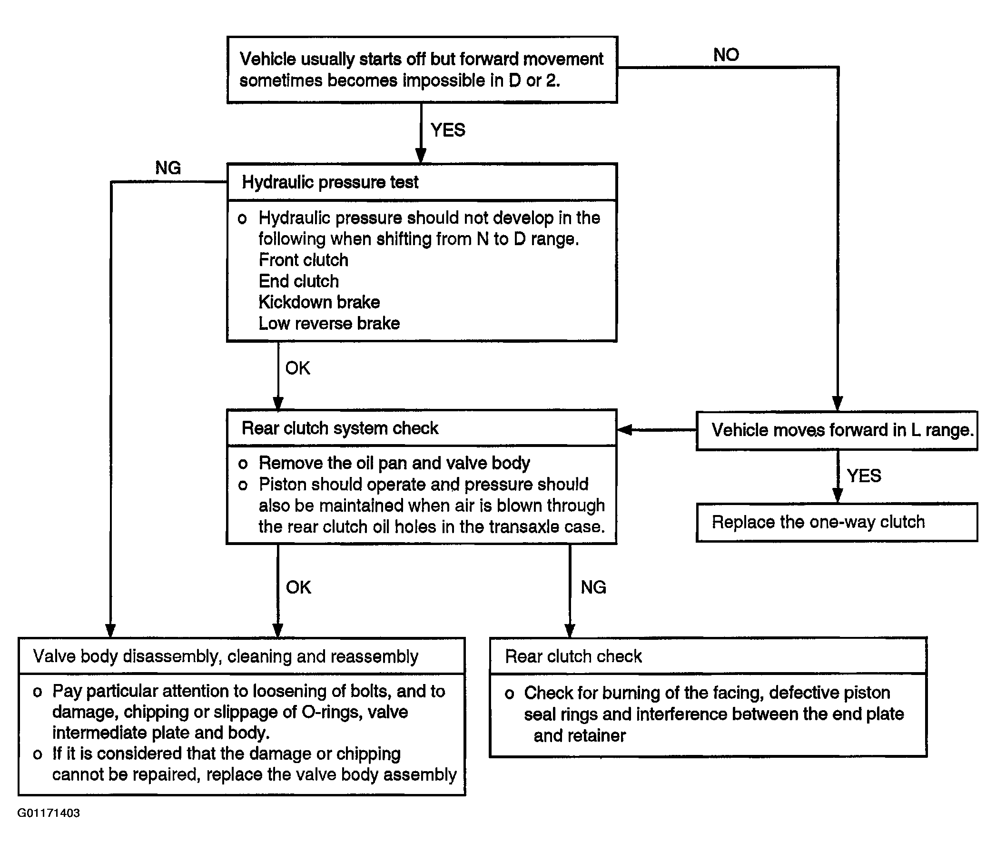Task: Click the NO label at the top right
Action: (726, 55)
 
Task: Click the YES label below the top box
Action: (447, 130)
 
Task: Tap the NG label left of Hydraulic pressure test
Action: (168, 168)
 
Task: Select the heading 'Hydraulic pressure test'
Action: (330, 182)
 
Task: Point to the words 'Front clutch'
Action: (303, 260)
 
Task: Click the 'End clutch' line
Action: (298, 281)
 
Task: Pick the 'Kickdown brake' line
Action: (319, 302)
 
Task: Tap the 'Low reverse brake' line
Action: (329, 323)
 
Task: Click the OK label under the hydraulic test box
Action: (297, 368)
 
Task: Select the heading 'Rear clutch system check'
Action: (340, 428)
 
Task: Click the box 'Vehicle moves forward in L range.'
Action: (837, 430)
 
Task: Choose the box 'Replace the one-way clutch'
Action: (837, 522)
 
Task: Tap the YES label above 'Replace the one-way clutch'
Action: (864, 476)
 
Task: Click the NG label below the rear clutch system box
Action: (593, 587)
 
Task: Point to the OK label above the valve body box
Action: (298, 587)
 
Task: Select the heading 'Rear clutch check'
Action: (573, 656)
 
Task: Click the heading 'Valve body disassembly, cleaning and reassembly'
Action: (226, 656)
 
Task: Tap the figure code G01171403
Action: (49, 813)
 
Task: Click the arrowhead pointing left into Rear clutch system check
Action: (624, 430)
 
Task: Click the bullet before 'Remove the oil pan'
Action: (243, 464)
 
